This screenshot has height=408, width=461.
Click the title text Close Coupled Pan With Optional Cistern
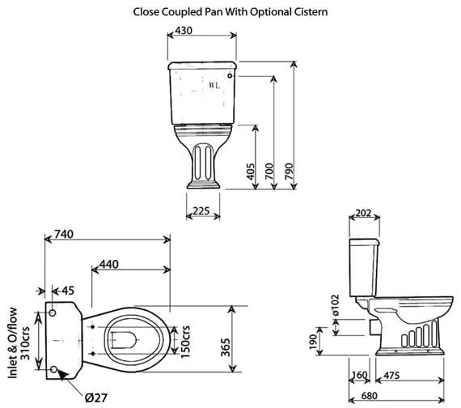(230, 12)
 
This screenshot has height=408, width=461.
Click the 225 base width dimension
(201, 212)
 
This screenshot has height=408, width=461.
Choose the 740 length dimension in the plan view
(61, 235)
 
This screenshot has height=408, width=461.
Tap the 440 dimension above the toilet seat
(112, 265)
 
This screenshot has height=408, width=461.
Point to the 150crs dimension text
(184, 343)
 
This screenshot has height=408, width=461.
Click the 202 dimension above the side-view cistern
(362, 213)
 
